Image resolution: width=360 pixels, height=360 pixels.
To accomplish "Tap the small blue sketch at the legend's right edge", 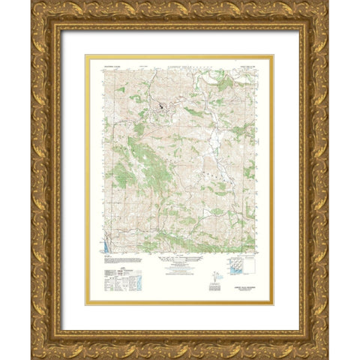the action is tap(145, 280).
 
